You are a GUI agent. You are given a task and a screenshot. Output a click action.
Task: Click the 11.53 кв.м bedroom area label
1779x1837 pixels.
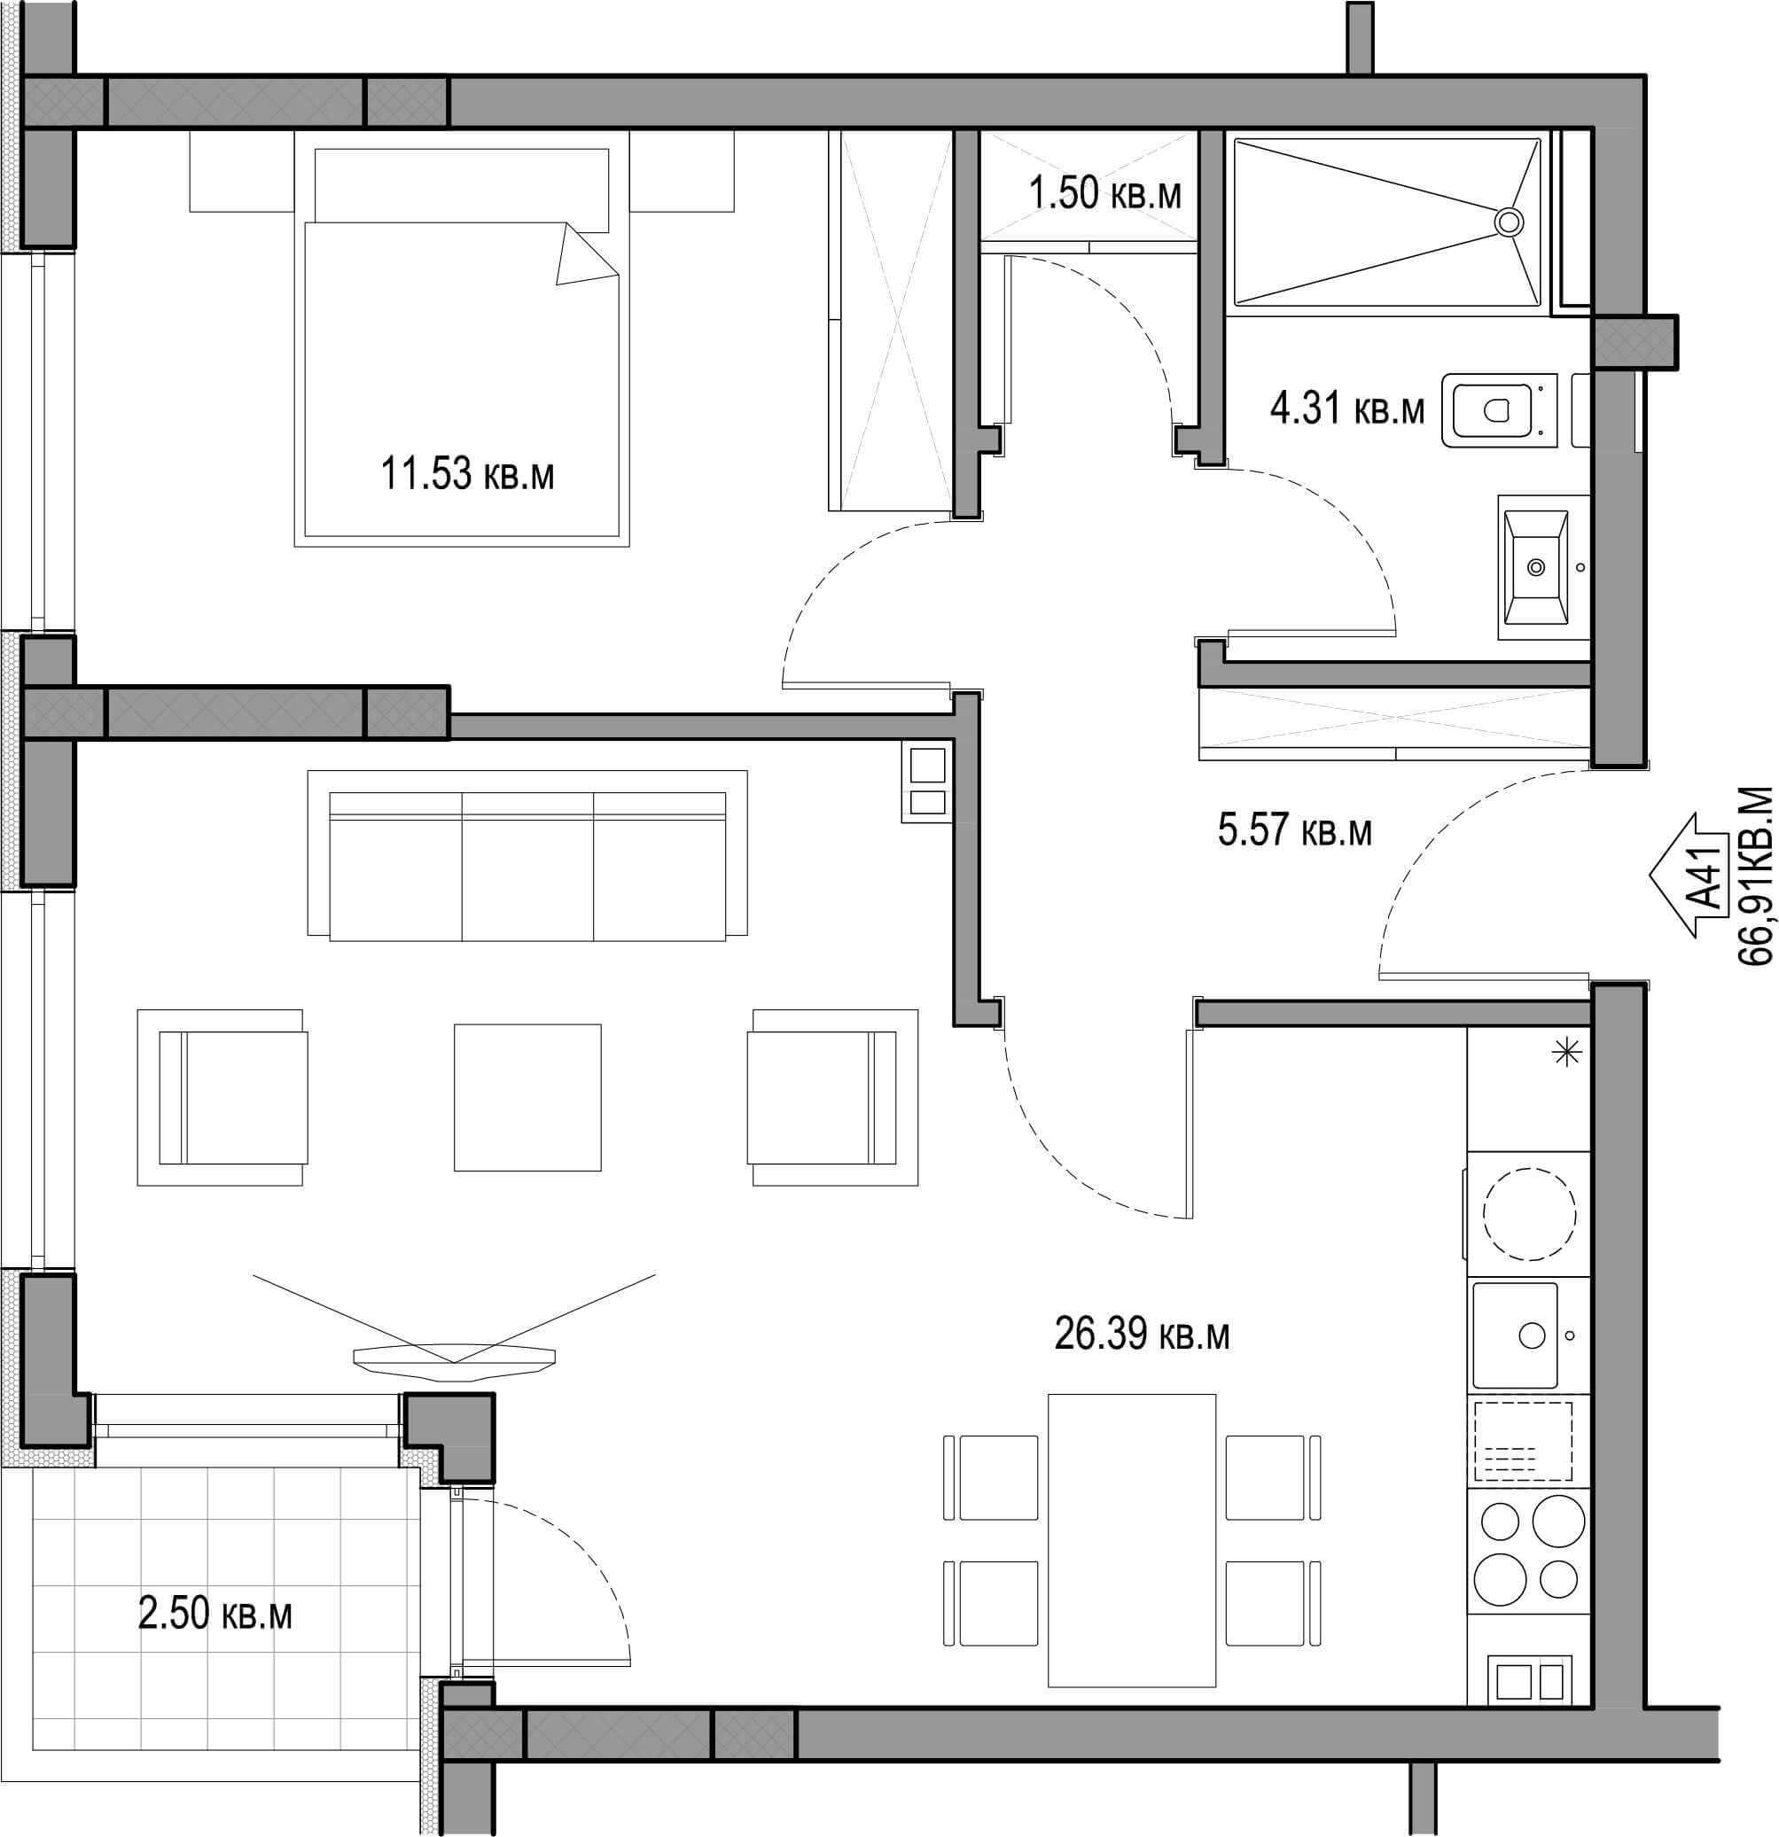pyautogui.click(x=467, y=473)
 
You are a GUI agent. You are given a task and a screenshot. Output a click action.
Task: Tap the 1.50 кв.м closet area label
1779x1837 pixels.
pyautogui.click(x=1105, y=194)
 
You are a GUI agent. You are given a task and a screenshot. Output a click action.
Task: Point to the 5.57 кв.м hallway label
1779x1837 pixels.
pyautogui.click(x=1294, y=830)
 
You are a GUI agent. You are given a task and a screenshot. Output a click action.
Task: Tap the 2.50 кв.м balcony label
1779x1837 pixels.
pyautogui.click(x=215, y=1615)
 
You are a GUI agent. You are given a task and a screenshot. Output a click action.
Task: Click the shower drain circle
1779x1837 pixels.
pyautogui.click(x=1508, y=222)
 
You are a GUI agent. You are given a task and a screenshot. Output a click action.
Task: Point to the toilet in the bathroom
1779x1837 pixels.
pyautogui.click(x=1500, y=409)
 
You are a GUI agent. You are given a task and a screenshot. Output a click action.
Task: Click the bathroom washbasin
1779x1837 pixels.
pyautogui.click(x=1535, y=567)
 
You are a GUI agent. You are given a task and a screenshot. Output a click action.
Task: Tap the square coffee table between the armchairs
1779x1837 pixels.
pyautogui.click(x=527, y=1096)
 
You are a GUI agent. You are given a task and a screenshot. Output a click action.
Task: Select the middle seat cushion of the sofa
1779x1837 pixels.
pyautogui.click(x=527, y=866)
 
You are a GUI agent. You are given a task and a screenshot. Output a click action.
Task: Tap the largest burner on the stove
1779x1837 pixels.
pyautogui.click(x=1557, y=1522)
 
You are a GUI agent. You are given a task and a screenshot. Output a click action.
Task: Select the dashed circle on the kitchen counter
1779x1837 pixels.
pyautogui.click(x=1530, y=1215)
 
